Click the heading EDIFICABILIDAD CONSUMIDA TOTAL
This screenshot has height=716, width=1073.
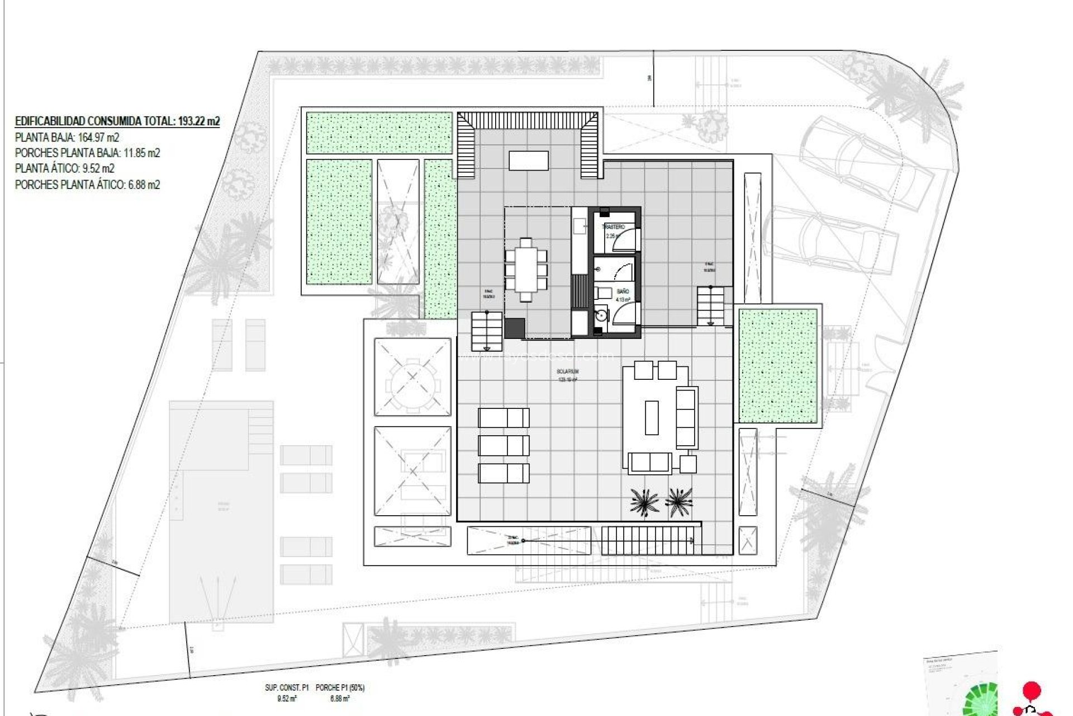(117, 121)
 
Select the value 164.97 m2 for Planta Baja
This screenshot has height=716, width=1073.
(98, 138)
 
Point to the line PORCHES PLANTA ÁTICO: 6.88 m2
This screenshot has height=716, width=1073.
(87, 185)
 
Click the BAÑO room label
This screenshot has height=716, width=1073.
(623, 291)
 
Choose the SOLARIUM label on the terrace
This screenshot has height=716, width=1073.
(567, 371)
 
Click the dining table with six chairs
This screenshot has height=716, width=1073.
(526, 270)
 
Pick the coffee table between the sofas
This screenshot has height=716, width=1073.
(652, 417)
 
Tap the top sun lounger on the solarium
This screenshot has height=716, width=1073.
(504, 418)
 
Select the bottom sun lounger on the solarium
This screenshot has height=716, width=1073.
(504, 473)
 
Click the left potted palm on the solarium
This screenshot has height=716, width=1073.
(644, 501)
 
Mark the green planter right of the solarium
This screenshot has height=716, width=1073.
(778, 366)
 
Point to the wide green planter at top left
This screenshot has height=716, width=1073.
(379, 133)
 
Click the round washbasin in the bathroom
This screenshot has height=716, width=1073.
(601, 315)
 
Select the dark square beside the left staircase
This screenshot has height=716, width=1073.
(514, 328)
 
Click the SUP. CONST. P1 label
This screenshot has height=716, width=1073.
(287, 687)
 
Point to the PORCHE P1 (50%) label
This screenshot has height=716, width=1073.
(340, 687)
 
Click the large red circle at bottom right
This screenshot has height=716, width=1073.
(1031, 690)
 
